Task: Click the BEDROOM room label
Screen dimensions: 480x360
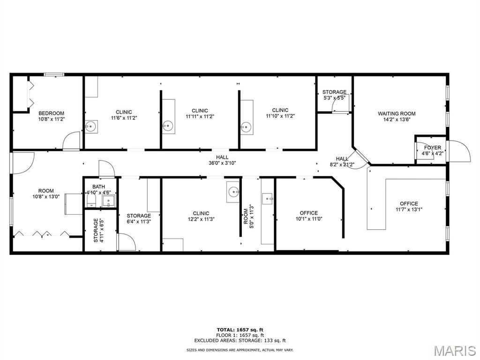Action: pyautogui.click(x=52, y=113)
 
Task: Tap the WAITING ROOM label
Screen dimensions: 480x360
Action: pyautogui.click(x=397, y=113)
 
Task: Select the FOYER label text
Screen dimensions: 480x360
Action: pyautogui.click(x=433, y=148)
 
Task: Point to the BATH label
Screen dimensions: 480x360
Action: pyautogui.click(x=98, y=187)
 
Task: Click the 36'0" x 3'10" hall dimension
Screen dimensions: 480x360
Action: pyautogui.click(x=222, y=163)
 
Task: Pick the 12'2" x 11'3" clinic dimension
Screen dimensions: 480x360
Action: pyautogui.click(x=201, y=219)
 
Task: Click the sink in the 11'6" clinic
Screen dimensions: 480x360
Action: pyautogui.click(x=90, y=127)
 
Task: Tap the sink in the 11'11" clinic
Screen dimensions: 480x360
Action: pyautogui.click(x=168, y=125)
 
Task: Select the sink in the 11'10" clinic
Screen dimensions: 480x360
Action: pyautogui.click(x=246, y=126)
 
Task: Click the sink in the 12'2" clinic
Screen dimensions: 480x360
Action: pyautogui.click(x=234, y=192)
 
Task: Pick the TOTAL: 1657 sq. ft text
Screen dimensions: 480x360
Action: pyautogui.click(x=240, y=330)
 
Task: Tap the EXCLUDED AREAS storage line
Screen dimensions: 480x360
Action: pyautogui.click(x=240, y=340)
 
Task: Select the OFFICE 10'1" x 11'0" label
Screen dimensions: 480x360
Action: pyautogui.click(x=308, y=216)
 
